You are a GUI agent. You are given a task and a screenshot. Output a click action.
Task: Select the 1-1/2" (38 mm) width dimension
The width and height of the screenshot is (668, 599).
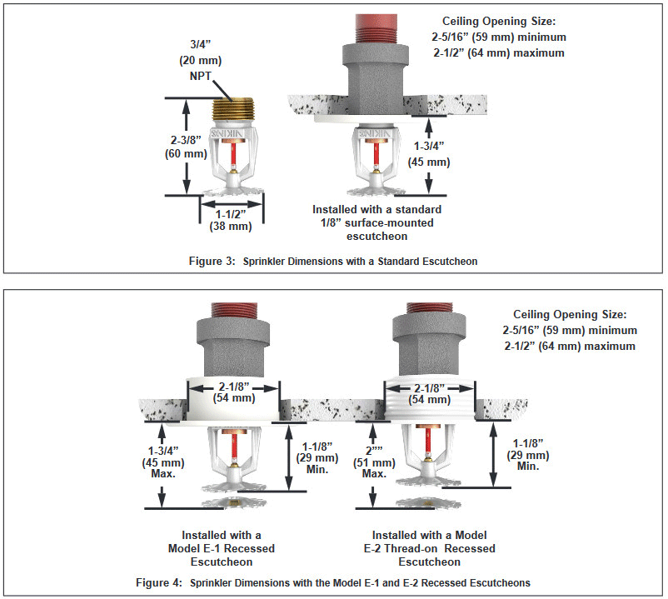click(230, 219)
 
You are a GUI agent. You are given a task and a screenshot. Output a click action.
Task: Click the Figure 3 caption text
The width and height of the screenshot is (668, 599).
click(332, 261)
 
